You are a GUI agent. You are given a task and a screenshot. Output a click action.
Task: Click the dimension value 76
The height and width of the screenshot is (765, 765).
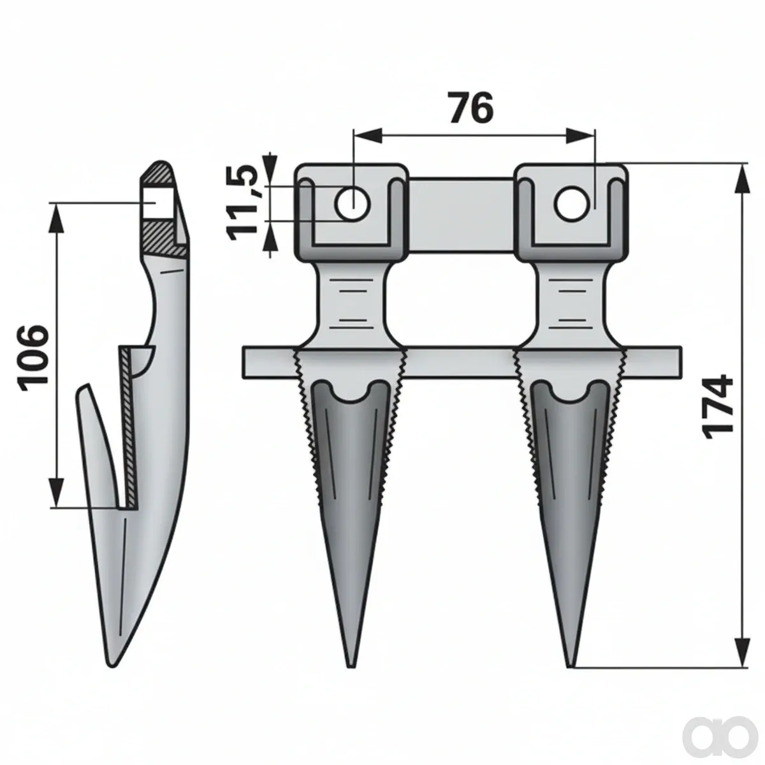coord(471,107)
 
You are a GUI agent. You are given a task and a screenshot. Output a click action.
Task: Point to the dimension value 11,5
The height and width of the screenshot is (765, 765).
coord(244,204)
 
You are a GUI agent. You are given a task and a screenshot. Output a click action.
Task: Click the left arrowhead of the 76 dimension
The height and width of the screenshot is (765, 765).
coord(367,135)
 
